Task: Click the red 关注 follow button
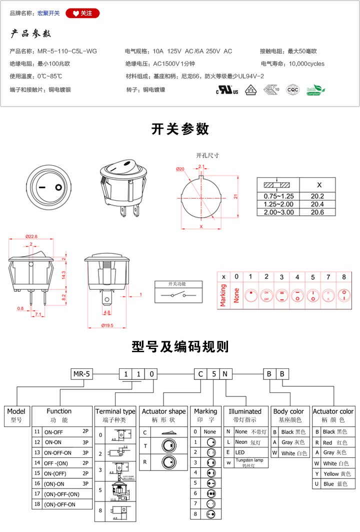82,13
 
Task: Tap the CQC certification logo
292,90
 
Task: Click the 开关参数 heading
180,129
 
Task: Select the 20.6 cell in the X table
317,212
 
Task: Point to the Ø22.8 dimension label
32,237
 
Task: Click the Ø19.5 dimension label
107,325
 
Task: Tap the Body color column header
288,411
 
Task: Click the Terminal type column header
115,411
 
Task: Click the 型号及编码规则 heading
180,346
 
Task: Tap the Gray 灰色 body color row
289,442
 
